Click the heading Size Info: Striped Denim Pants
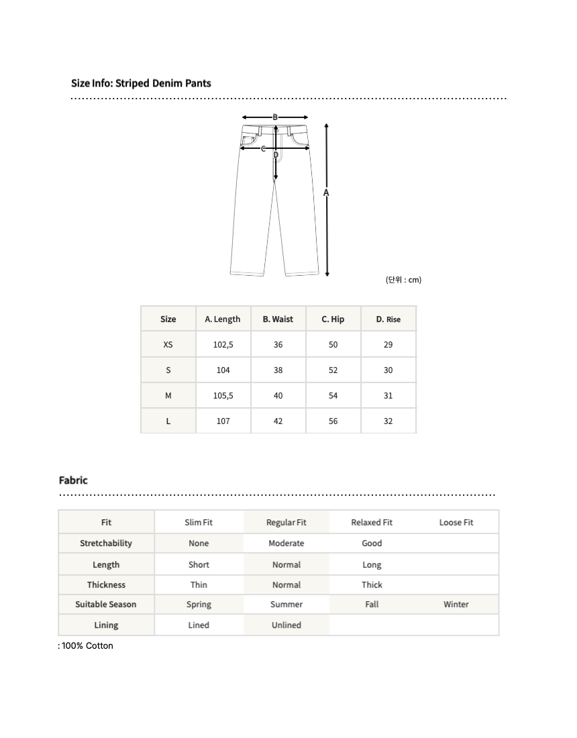click(141, 83)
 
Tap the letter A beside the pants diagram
click(327, 193)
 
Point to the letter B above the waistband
click(275, 117)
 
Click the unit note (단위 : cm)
click(403, 280)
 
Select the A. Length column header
click(223, 319)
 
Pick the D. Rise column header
click(388, 319)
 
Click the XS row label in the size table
click(168, 345)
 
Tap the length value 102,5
click(223, 345)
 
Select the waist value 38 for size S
click(278, 370)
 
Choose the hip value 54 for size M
click(333, 396)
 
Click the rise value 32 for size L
click(388, 421)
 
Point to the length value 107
click(223, 421)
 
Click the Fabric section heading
click(73, 480)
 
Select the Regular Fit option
click(286, 523)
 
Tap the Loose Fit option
click(456, 523)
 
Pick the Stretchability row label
click(106, 543)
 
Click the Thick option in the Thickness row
click(372, 585)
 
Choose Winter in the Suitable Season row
click(456, 604)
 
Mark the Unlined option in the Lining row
click(286, 625)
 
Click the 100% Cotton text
click(87, 646)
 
